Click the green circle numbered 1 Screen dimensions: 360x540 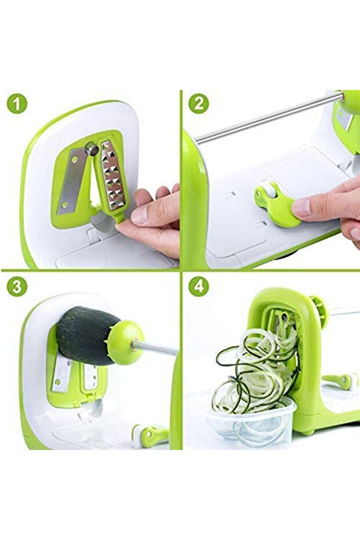tap(17, 103)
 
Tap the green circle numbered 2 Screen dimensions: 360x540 tap(199, 103)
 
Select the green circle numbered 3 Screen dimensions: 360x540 tap(17, 287)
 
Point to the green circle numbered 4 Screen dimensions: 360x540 tap(199, 287)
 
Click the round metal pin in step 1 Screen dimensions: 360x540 tap(92, 148)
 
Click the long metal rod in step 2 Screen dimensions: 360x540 tap(268, 117)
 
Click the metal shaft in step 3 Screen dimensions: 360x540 tap(155, 348)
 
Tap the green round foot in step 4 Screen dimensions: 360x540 tap(309, 431)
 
